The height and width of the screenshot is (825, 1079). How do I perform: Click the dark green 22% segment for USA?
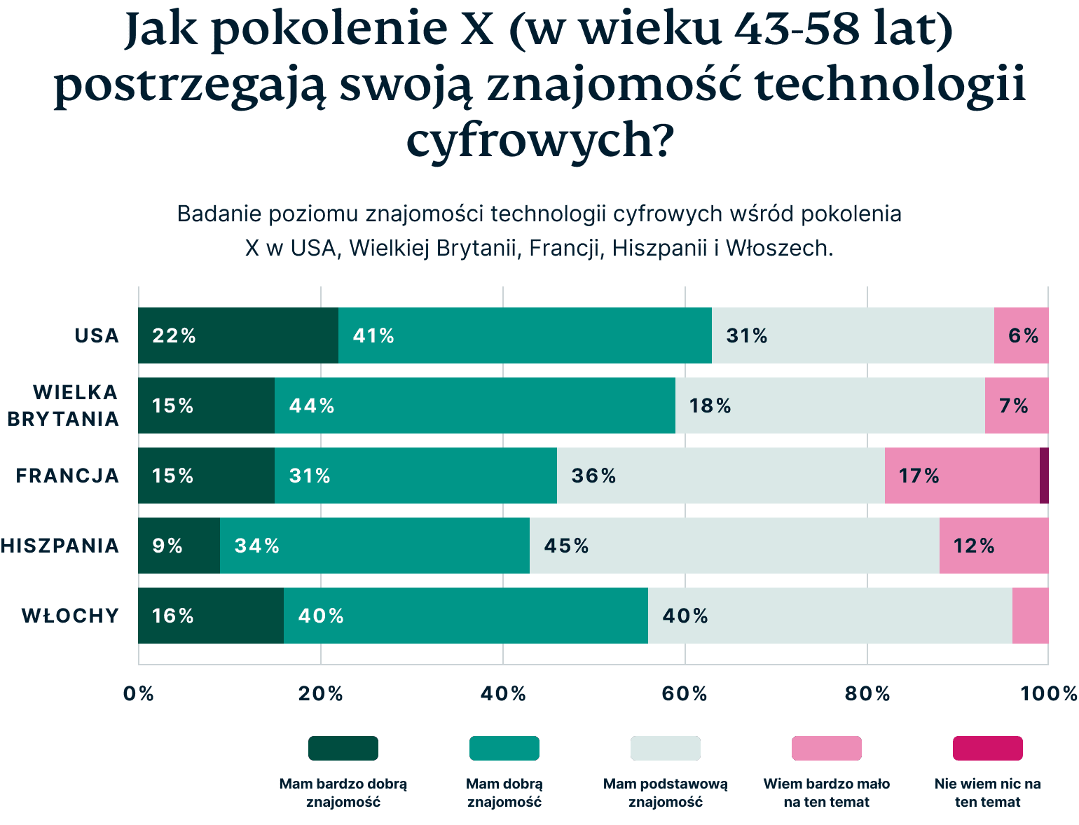pyautogui.click(x=238, y=335)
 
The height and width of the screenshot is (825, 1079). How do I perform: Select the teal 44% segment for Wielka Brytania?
pyautogui.click(x=474, y=405)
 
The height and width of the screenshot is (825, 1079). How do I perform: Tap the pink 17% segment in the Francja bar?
pyautogui.click(x=961, y=476)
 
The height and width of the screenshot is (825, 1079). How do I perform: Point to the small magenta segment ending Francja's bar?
pyautogui.click(x=1044, y=476)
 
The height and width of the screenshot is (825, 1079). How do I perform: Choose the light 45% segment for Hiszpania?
pyautogui.click(x=734, y=546)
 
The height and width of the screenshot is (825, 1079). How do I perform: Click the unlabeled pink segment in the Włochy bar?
pyautogui.click(x=1030, y=616)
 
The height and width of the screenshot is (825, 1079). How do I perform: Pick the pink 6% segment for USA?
pyautogui.click(x=1021, y=335)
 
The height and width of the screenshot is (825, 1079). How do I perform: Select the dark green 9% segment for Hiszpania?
pyautogui.click(x=179, y=546)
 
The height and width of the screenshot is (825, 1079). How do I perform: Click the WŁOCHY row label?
pyautogui.click(x=70, y=616)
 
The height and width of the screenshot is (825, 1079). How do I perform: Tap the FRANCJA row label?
pyautogui.click(x=67, y=476)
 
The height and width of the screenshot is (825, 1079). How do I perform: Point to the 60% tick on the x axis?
pyautogui.click(x=685, y=693)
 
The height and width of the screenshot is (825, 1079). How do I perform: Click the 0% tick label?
pyautogui.click(x=138, y=693)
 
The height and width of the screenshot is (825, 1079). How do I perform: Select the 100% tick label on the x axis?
pyautogui.click(x=1048, y=693)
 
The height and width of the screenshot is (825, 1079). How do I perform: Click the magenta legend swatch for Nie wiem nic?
pyautogui.click(x=987, y=748)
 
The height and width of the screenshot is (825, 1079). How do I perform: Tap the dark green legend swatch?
pyautogui.click(x=343, y=748)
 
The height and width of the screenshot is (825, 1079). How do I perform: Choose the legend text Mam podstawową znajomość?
pyautogui.click(x=665, y=793)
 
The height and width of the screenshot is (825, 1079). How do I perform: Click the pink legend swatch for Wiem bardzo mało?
pyautogui.click(x=826, y=748)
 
